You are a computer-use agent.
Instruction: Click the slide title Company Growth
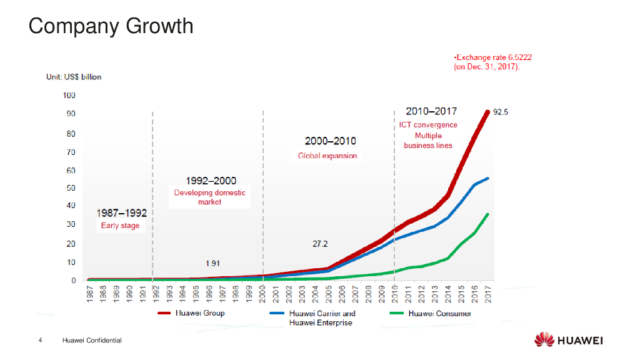pyautogui.click(x=111, y=26)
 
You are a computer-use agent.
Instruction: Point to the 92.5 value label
pyautogui.click(x=501, y=112)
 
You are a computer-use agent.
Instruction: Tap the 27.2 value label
pyautogui.click(x=320, y=244)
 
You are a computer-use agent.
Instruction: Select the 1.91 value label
pyautogui.click(x=212, y=263)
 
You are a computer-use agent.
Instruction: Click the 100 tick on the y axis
pyautogui.click(x=69, y=96)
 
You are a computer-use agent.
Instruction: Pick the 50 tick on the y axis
pyautogui.click(x=71, y=188)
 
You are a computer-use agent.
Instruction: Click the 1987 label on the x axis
pyautogui.click(x=90, y=293)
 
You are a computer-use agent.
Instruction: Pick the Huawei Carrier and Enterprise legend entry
pyautogui.click(x=321, y=317)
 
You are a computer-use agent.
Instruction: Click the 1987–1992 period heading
pyautogui.click(x=121, y=213)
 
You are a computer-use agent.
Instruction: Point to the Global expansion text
pyautogui.click(x=327, y=156)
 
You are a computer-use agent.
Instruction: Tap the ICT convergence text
pyautogui.click(x=428, y=124)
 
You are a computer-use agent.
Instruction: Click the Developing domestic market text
pyautogui.click(x=209, y=197)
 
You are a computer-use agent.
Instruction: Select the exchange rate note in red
pyautogui.click(x=492, y=61)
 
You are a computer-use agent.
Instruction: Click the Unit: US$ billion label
pyautogui.click(x=74, y=77)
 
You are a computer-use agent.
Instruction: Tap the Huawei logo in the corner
pyautogui.click(x=569, y=340)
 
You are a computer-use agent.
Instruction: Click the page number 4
pyautogui.click(x=41, y=341)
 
